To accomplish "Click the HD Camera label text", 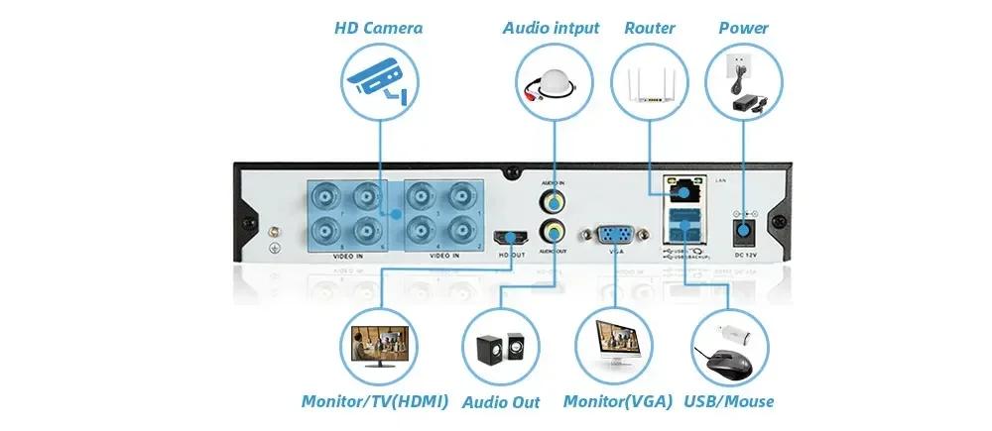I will [x=377, y=28].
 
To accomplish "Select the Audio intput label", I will [x=552, y=28].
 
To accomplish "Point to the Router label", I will [x=649, y=28].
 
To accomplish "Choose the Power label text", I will [x=743, y=28].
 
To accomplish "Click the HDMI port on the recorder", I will [x=513, y=237].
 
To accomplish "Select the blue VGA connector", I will [x=614, y=235].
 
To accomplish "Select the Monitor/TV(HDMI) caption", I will [x=375, y=401].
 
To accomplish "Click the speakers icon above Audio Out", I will [x=501, y=347].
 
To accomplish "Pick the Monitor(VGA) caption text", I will [x=617, y=401].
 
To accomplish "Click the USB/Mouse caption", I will [x=729, y=401].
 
